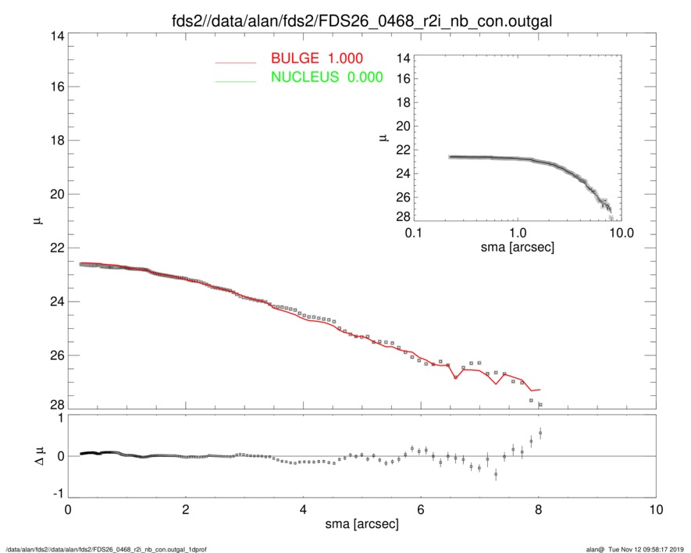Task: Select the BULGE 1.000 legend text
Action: [316, 59]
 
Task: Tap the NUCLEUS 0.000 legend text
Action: [326, 77]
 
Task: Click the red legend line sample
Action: [235, 61]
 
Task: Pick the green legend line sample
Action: [235, 80]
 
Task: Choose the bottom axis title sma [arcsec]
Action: [362, 524]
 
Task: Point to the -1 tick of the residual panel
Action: [55, 494]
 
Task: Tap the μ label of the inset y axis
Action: [383, 137]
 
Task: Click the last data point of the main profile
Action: [540, 405]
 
